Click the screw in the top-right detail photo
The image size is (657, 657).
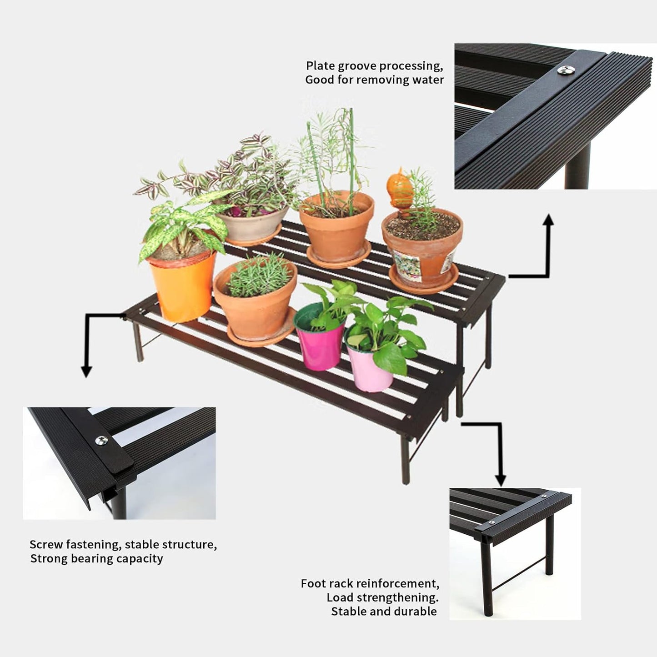[565, 70]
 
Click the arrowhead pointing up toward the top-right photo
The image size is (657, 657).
[549, 220]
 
